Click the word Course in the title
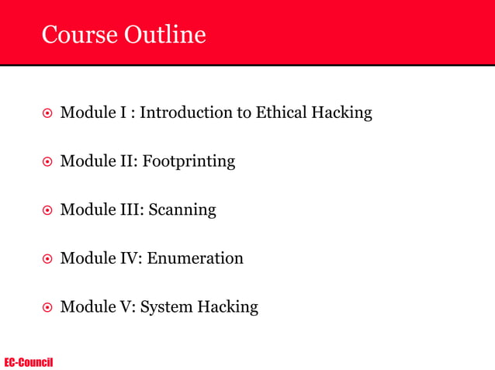tap(78, 35)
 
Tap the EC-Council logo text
tap(29, 362)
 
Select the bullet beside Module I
tap(47, 114)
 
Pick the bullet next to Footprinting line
tap(47, 163)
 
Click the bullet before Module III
tap(47, 211)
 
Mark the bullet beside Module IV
tap(47, 259)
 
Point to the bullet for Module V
tap(47, 308)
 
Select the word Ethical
tap(282, 113)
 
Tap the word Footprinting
tap(189, 162)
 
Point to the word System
tap(167, 307)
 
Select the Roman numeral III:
tap(130, 210)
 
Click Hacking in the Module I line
tap(341, 113)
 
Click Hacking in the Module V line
tap(227, 307)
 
